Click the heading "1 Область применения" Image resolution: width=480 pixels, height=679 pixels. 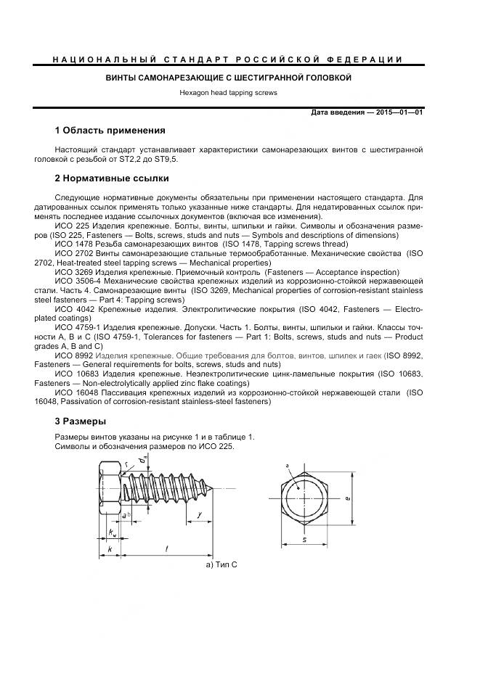pyautogui.click(x=120, y=131)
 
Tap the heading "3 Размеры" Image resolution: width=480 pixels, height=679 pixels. pyautogui.click(x=81, y=421)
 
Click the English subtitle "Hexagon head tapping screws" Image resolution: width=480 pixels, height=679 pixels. pyautogui.click(x=228, y=93)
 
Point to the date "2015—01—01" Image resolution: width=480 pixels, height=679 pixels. pyautogui.click(x=399, y=112)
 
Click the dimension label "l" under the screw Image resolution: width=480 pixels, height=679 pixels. pyautogui.click(x=166, y=549)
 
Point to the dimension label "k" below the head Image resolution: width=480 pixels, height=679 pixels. pyautogui.click(x=109, y=550)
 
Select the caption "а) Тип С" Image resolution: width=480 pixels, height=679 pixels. pyautogui.click(x=222, y=564)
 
